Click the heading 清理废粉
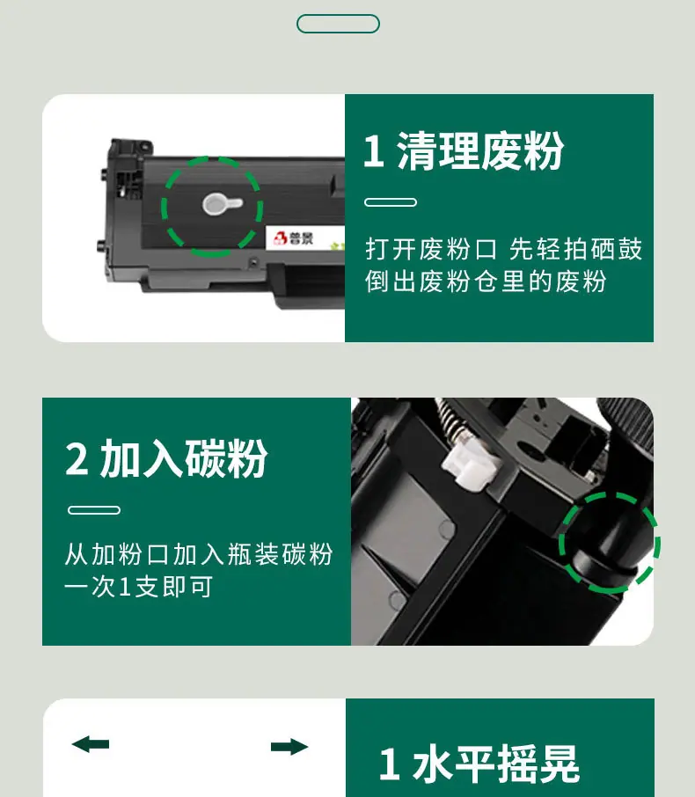click(480, 151)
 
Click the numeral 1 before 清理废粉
click(374, 151)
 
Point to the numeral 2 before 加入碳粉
click(77, 459)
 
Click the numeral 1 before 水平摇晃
click(389, 764)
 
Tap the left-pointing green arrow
click(91, 744)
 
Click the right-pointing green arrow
click(289, 747)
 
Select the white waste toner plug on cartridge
click(223, 204)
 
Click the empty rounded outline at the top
click(338, 15)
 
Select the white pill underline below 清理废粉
click(391, 202)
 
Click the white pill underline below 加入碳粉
click(94, 510)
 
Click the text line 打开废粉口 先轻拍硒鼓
click(504, 249)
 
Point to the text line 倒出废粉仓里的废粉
click(486, 282)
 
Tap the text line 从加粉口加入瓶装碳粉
click(199, 554)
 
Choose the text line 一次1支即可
click(139, 587)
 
